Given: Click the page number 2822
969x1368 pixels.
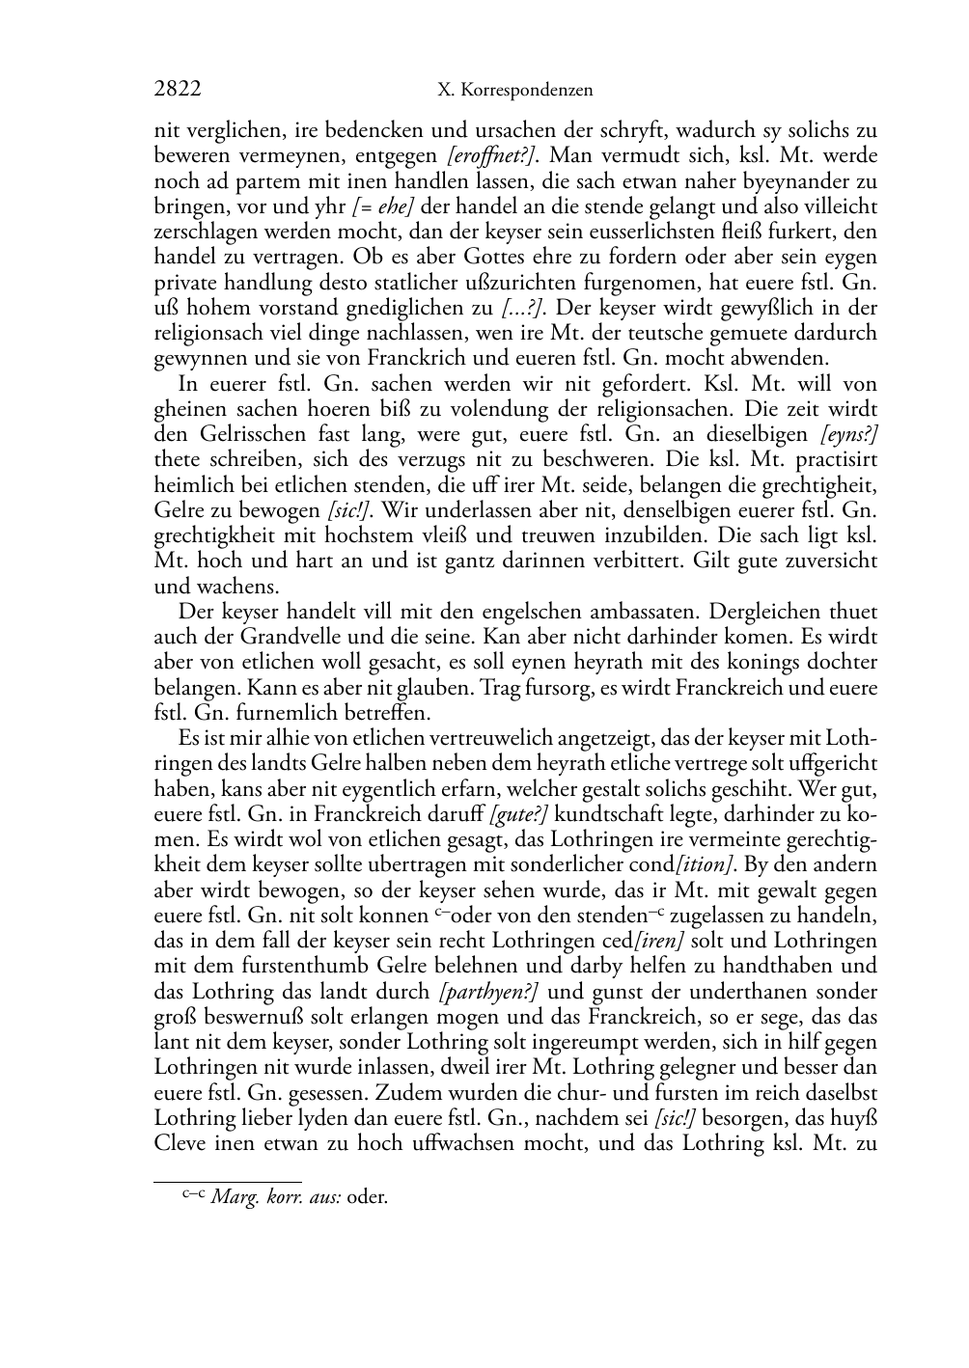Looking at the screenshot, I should pos(178,90).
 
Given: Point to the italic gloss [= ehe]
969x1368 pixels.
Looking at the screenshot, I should pos(385,206).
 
